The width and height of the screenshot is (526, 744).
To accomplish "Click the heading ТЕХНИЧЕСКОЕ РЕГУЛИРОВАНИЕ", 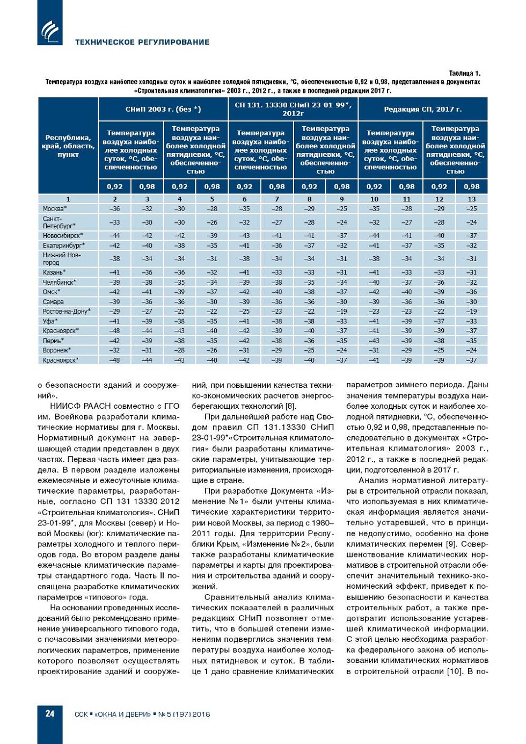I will [x=142, y=42].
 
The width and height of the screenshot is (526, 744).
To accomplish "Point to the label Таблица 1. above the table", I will [x=464, y=73].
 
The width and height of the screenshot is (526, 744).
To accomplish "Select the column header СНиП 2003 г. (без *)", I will [x=163, y=109].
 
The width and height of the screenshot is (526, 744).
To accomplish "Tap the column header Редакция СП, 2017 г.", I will [x=422, y=109].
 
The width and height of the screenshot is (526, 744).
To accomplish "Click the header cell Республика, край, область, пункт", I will [x=68, y=146].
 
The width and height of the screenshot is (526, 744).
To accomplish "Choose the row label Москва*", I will [x=55, y=208].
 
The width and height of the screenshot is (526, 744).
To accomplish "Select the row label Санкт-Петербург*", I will [x=59, y=222].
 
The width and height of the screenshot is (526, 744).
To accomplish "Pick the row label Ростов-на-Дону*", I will [x=67, y=311].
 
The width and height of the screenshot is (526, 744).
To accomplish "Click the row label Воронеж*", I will [x=57, y=350].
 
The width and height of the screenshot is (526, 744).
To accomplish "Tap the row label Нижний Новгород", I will [x=62, y=258].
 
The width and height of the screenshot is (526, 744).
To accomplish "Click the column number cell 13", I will [x=471, y=199].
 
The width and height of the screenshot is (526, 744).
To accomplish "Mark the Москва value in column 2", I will [x=114, y=208].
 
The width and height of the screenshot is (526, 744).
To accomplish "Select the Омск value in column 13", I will [x=471, y=292].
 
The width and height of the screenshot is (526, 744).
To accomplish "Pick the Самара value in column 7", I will [x=277, y=302].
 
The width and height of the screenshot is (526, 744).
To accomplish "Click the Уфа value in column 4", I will [x=179, y=321].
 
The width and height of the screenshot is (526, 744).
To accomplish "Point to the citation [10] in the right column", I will [x=455, y=671].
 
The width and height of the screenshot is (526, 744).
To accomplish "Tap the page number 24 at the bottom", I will [x=50, y=713].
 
